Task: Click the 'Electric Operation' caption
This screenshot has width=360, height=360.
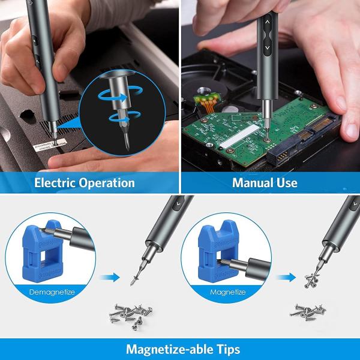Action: coord(84,182)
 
